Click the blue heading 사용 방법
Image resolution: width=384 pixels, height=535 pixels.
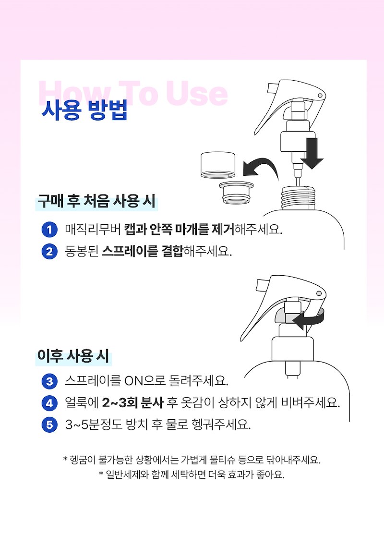(84, 110)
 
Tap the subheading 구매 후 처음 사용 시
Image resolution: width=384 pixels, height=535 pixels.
(96, 201)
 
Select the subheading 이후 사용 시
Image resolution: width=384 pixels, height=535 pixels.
(73, 355)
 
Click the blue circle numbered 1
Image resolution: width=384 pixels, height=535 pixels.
(49, 230)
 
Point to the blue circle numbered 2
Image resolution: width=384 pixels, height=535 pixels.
(49, 252)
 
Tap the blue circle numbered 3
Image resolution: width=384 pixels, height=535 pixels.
(49, 381)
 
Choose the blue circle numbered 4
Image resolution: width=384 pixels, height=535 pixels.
(49, 403)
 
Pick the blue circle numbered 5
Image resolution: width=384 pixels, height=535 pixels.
(49, 425)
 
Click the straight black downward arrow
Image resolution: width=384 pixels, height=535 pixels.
(312, 154)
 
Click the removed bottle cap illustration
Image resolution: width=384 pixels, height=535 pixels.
(217, 165)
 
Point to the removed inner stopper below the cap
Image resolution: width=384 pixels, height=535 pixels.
(236, 193)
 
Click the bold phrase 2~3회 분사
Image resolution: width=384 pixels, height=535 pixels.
(133, 403)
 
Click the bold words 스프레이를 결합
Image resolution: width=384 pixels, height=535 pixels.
(143, 252)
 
